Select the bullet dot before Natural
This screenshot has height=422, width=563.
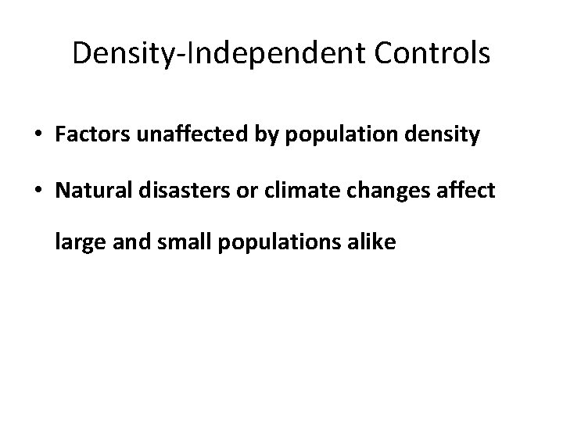coord(40,191)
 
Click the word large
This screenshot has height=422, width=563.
coord(74,244)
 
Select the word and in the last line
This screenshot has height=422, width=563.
coord(117,244)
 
